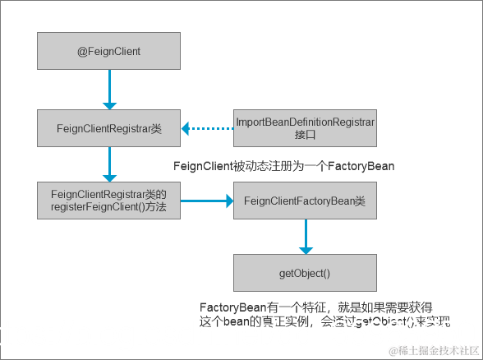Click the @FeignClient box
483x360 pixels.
(x=109, y=51)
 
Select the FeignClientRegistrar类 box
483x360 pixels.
(x=109, y=128)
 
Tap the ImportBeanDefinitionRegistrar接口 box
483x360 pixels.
(x=305, y=128)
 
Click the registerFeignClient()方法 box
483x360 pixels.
(x=109, y=201)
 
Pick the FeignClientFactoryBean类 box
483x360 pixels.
(x=305, y=201)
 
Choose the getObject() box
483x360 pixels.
(x=305, y=272)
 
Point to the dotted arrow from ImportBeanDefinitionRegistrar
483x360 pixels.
(x=209, y=128)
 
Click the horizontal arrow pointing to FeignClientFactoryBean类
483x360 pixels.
(x=205, y=201)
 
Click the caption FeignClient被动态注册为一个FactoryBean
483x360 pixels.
(x=284, y=166)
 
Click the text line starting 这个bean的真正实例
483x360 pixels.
(x=324, y=322)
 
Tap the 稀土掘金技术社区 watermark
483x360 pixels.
(x=433, y=349)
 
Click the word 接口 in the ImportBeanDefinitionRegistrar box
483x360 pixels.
(x=305, y=135)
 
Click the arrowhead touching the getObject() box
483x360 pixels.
(x=306, y=248)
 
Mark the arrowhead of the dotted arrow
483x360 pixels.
(x=187, y=128)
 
